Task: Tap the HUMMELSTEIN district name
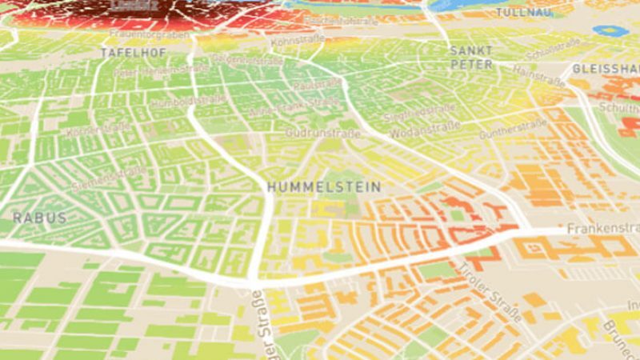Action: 323,186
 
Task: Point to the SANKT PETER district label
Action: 471,57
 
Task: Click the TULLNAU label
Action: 524,13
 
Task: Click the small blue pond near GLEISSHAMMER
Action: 610,31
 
